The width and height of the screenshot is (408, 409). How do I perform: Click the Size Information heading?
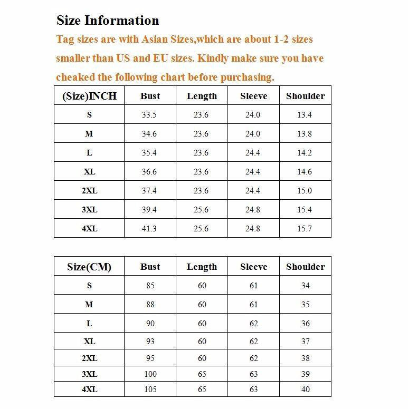point(108,21)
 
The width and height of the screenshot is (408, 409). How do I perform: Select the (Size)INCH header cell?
point(89,96)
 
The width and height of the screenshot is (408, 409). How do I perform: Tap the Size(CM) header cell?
point(89,267)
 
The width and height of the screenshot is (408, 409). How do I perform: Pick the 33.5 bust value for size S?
point(149,115)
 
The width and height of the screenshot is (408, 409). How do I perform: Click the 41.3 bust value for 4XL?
point(149,229)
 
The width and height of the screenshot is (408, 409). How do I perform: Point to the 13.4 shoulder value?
point(305,115)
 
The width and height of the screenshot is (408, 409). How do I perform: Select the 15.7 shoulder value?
point(305,229)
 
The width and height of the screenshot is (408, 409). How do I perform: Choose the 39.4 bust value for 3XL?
point(149,210)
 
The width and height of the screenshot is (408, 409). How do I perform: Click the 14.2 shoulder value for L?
point(305,153)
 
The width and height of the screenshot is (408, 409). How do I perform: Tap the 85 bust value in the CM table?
point(150,286)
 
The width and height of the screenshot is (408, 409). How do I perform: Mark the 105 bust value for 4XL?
point(150,389)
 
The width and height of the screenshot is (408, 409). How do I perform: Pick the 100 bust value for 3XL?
point(150,374)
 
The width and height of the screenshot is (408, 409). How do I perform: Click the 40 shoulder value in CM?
point(305,389)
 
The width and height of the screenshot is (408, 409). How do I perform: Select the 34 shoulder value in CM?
point(305,286)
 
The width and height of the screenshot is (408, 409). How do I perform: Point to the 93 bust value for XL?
point(150,342)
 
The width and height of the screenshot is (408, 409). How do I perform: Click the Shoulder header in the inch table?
point(305,96)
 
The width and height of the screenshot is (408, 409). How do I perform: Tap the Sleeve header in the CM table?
point(253,267)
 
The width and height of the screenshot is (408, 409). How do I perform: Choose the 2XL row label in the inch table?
point(89,191)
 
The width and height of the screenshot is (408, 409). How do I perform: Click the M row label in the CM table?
point(89,305)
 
